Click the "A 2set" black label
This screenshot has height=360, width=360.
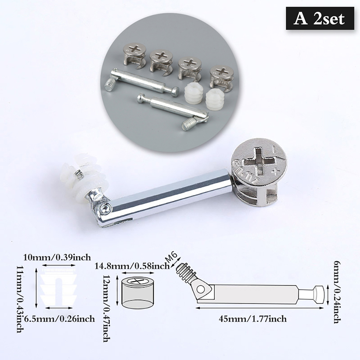pyautogui.click(x=320, y=18)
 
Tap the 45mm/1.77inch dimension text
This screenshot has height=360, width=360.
pyautogui.click(x=253, y=319)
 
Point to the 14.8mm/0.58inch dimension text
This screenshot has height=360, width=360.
pyautogui.click(x=132, y=266)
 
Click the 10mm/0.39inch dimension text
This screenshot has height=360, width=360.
pyautogui.click(x=57, y=257)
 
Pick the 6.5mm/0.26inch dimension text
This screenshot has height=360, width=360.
pyautogui.click(x=59, y=319)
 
